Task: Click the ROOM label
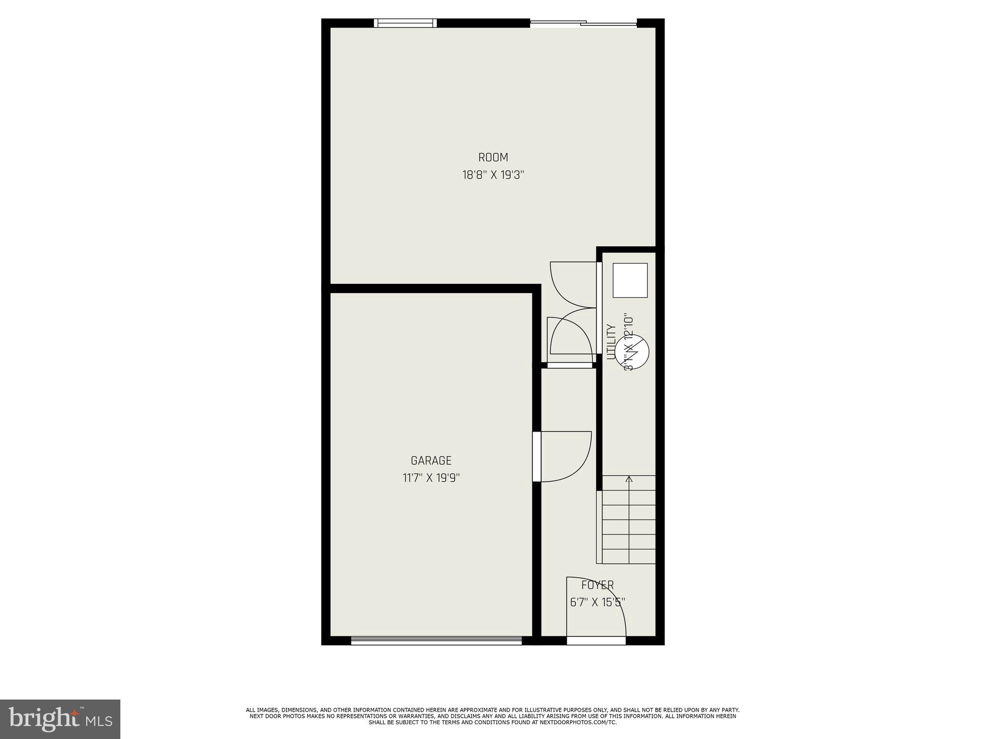(x=493, y=157)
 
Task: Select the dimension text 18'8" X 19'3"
(x=493, y=175)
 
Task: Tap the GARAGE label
(x=431, y=460)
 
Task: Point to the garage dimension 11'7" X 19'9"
(x=431, y=478)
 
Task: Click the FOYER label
(x=597, y=585)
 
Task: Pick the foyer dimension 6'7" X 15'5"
(x=597, y=602)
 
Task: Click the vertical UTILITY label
(x=611, y=342)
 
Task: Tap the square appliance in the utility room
(x=630, y=280)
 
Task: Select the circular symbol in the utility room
(x=632, y=351)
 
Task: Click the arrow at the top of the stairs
(x=629, y=479)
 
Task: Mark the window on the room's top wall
(x=405, y=23)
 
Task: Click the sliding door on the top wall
(x=584, y=23)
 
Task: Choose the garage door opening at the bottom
(x=436, y=640)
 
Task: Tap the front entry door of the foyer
(x=596, y=640)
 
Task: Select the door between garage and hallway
(x=537, y=457)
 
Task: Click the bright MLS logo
(x=60, y=719)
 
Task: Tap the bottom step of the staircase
(x=629, y=556)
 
